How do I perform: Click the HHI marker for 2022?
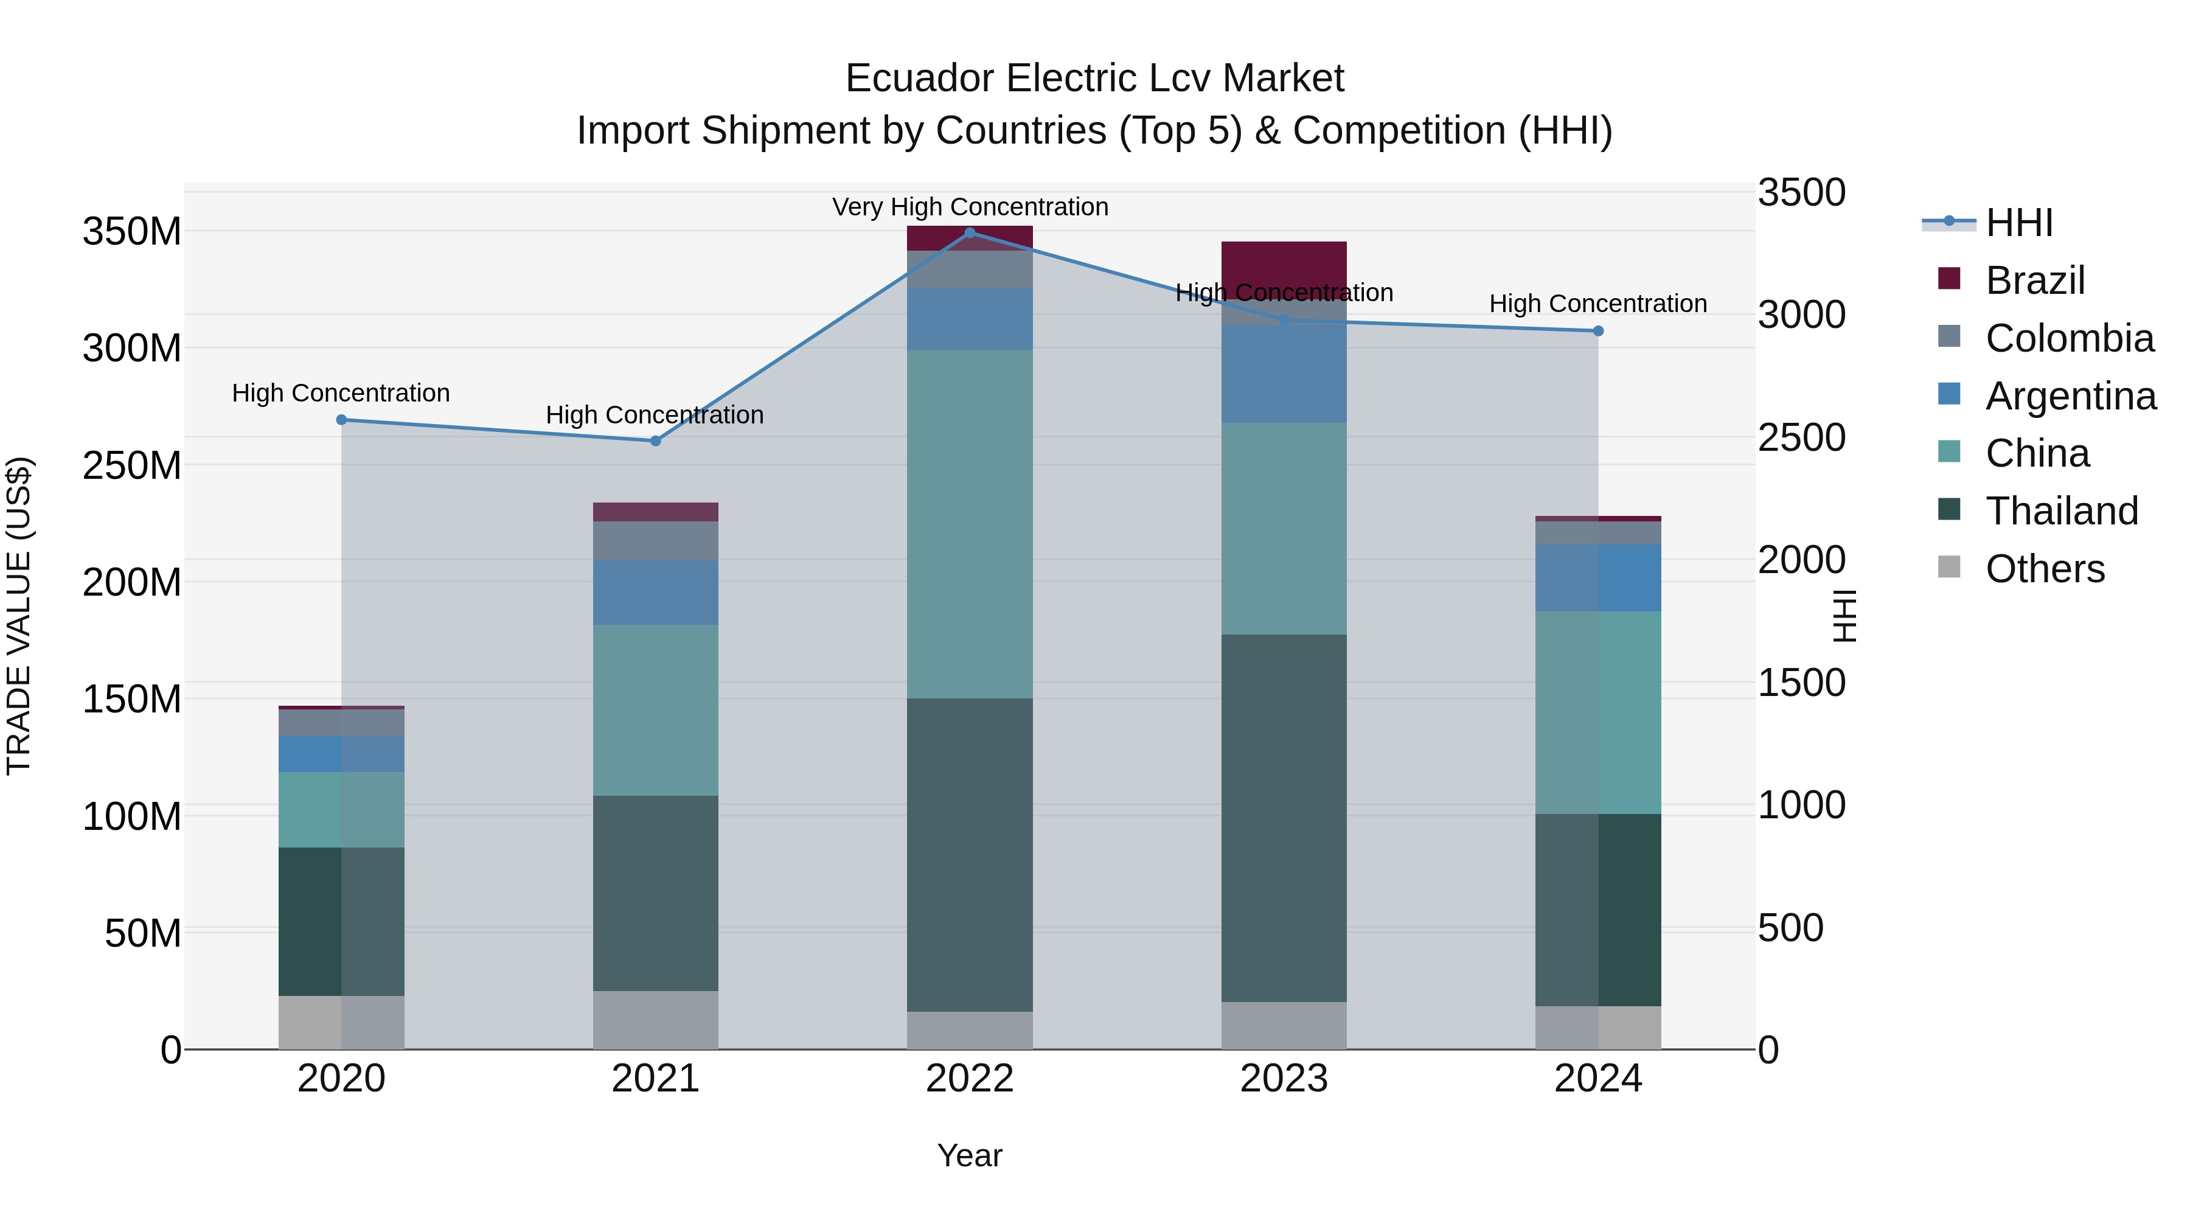coord(970,232)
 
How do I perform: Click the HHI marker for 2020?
coord(342,419)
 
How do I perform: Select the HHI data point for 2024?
coord(1598,331)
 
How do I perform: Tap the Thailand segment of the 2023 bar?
coord(1284,818)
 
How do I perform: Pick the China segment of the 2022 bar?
coord(970,524)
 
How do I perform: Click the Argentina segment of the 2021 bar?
coord(655,593)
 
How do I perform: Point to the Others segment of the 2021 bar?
coord(655,1020)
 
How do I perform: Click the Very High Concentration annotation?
coord(970,207)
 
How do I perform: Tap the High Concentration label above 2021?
coord(655,415)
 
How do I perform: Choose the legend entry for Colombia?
coord(2070,338)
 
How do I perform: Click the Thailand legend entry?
coord(2061,511)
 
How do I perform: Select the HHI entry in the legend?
coord(2018,223)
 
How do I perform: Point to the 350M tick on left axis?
coord(132,231)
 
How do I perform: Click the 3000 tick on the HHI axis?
coord(1801,315)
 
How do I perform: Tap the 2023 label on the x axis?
coord(1284,1078)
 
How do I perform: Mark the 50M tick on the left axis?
coord(143,933)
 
